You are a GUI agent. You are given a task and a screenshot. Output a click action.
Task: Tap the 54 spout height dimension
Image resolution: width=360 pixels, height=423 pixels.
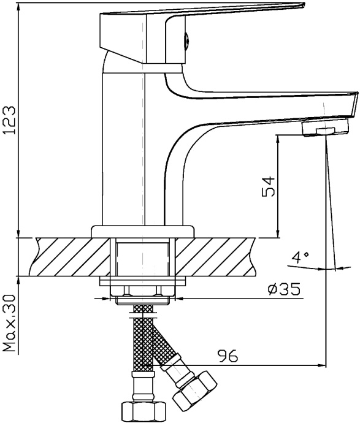tap(267, 185)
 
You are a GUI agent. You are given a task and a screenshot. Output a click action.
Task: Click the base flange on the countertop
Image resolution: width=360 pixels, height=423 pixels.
tap(141, 232)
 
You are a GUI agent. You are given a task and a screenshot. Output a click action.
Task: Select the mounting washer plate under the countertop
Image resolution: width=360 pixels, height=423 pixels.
tap(143, 281)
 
